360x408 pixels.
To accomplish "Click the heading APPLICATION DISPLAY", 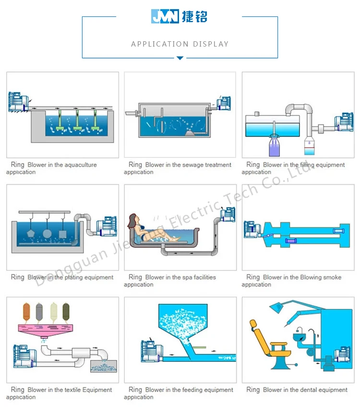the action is (180, 44).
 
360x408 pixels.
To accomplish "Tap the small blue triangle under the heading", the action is (180, 58).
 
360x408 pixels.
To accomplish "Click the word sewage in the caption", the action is (192, 165).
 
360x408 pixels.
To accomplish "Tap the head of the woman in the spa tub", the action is (132, 222).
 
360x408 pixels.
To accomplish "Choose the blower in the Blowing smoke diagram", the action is (252, 229).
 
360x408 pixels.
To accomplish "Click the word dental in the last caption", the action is (312, 390).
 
